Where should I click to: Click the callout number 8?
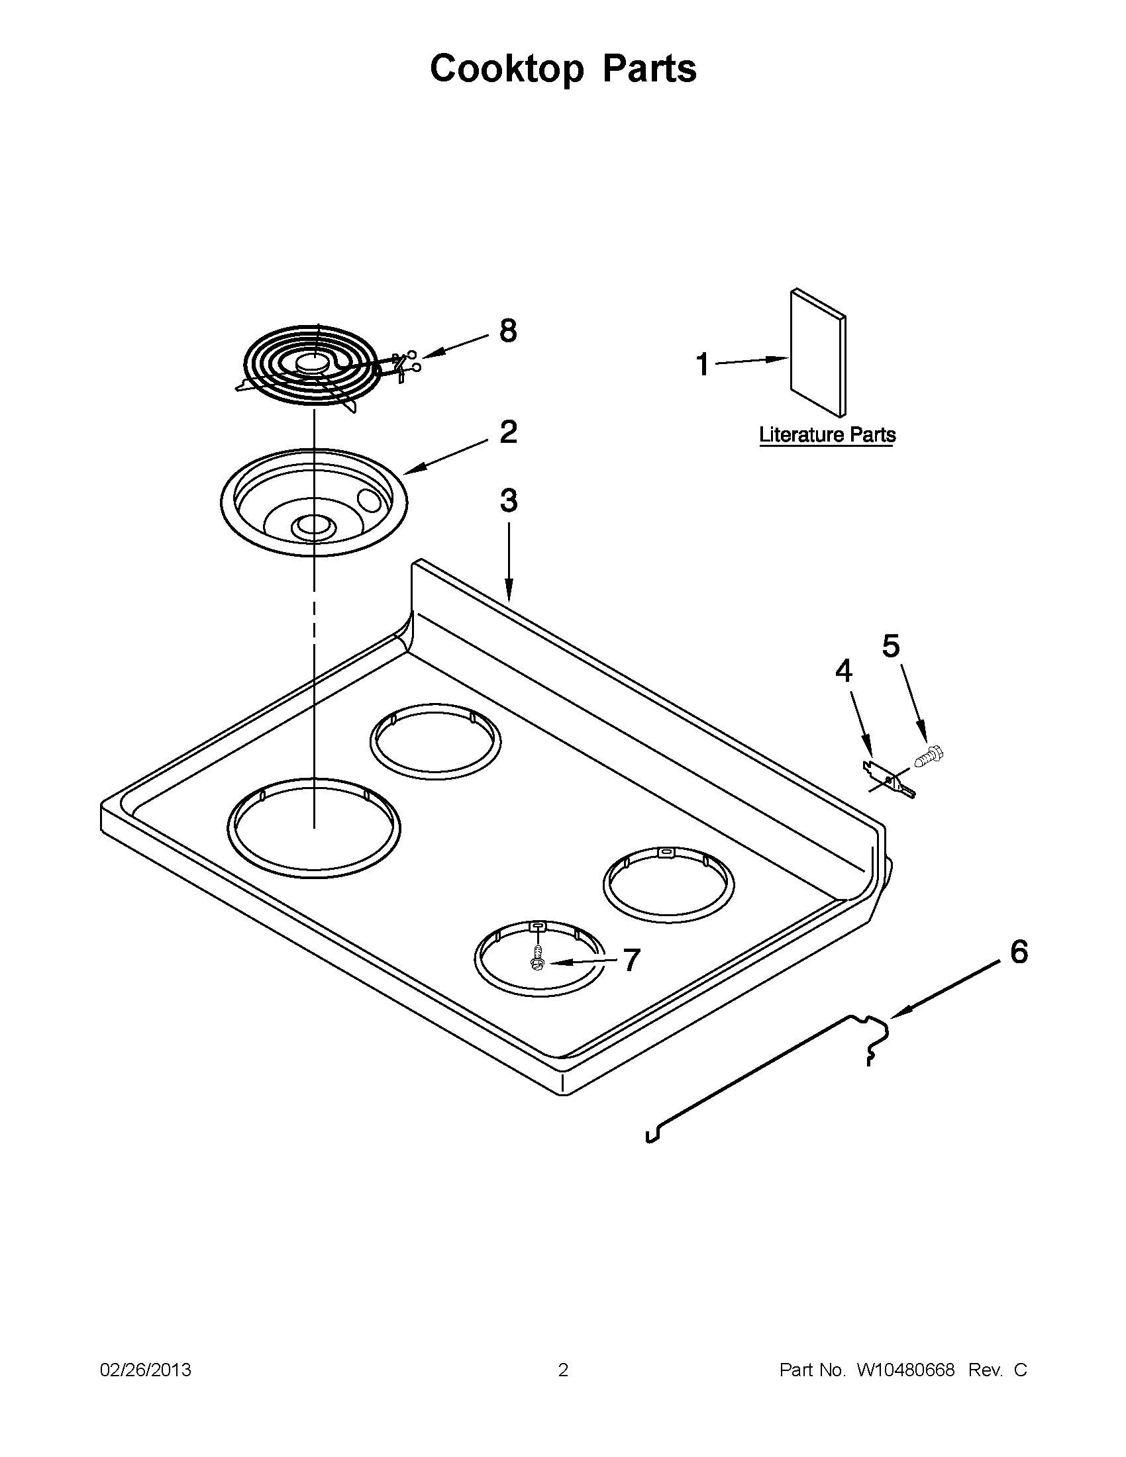508,331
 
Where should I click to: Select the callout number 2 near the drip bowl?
508,432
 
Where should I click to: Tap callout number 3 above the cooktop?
508,500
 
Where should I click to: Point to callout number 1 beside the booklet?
702,365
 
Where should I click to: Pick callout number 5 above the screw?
891,646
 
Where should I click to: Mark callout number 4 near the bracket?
844,671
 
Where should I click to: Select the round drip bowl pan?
313,502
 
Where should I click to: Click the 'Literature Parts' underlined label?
827,435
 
